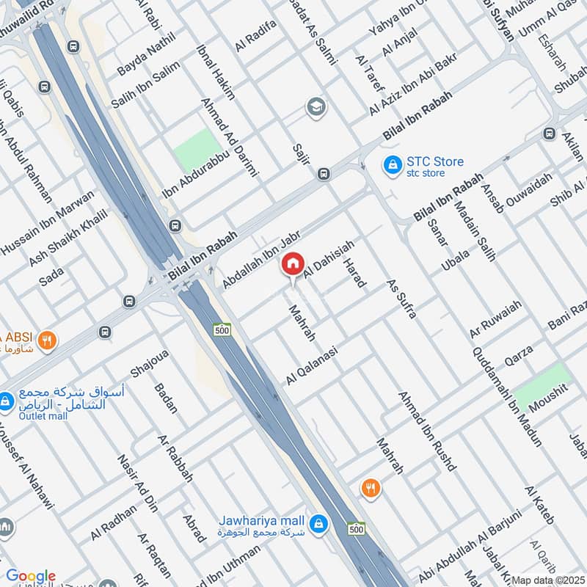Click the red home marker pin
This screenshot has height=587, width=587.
point(293,264)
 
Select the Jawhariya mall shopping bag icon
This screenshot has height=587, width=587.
point(318,524)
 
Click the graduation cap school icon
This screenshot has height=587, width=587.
point(316,108)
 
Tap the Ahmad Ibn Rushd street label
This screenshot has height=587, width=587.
point(428,431)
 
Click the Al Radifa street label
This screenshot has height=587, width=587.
point(255,36)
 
